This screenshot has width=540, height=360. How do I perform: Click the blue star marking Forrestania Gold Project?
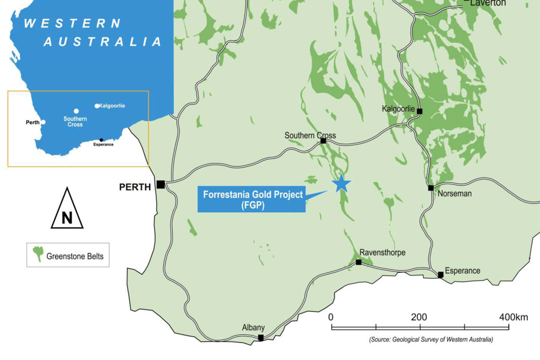pos(341,184)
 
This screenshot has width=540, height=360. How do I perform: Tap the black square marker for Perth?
pos(160,184)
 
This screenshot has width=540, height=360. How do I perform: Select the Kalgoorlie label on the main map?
pos(398,109)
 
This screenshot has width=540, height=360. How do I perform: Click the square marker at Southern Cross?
pos(323,141)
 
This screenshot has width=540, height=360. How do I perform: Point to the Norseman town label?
pos(454,193)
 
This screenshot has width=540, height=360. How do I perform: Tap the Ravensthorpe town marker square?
pos(358,262)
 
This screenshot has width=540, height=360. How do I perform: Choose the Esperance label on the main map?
pos(462,271)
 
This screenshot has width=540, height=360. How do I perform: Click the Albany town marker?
pos(261,337)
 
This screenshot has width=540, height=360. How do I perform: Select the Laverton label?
pos(488,3)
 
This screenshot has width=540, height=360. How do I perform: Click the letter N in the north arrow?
pos(67,218)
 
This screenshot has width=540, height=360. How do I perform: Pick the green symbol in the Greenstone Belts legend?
pos(38,253)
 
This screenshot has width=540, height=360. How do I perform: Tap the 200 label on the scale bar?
pos(419,317)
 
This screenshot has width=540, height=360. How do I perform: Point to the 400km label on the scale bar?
pos(513,317)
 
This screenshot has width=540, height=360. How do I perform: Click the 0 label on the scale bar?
pos(331,317)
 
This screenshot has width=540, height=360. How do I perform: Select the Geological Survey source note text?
pos(431,339)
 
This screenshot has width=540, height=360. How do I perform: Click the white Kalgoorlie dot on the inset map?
pos(97,106)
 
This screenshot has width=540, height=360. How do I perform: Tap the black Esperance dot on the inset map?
pos(101,140)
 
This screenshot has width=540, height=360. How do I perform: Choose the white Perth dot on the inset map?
pos(43,122)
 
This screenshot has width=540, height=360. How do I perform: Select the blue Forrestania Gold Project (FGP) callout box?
pos(251,199)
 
